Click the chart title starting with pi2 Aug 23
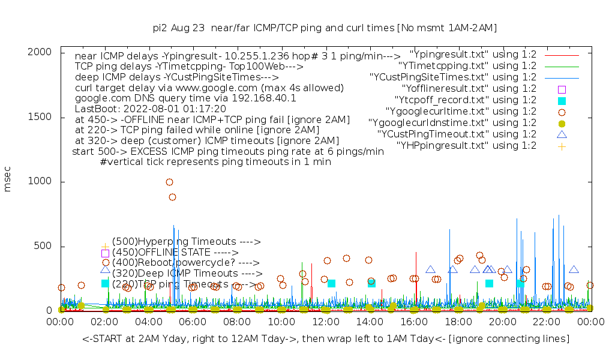(324, 28)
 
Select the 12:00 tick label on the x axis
(326, 323)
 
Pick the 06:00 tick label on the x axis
(193, 323)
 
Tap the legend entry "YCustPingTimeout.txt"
(457, 134)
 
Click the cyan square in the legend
(562, 100)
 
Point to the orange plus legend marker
(562, 146)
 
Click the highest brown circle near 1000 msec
(169, 182)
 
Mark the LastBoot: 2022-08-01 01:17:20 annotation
(151, 109)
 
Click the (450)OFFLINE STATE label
(175, 253)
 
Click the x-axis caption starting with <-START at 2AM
(326, 340)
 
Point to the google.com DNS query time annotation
(185, 98)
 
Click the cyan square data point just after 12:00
(331, 283)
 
